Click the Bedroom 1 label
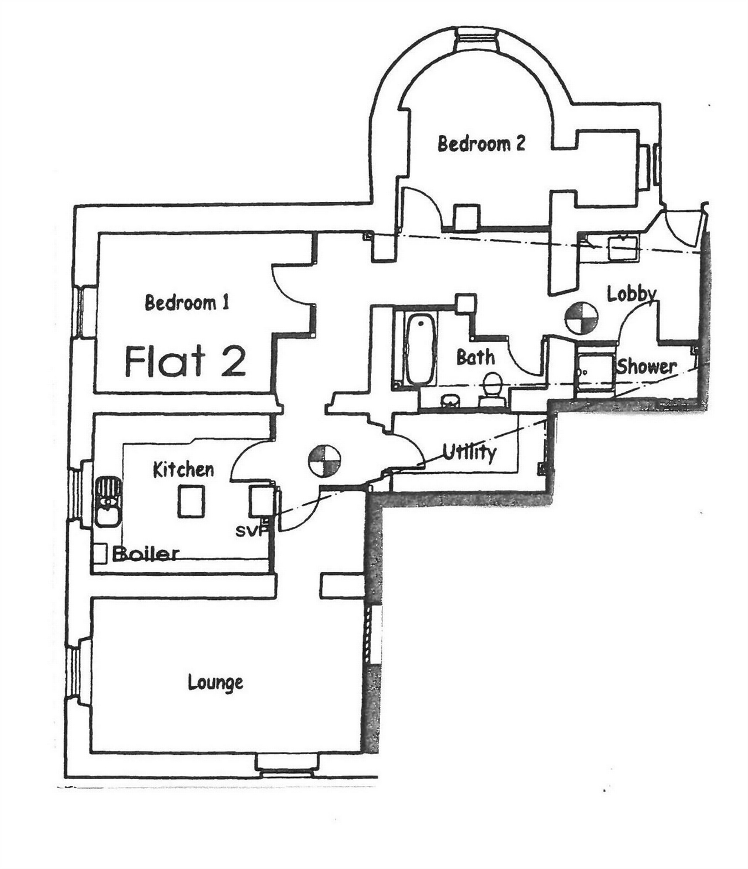tap(187, 303)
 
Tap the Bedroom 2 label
tap(481, 144)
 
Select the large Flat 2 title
tap(185, 361)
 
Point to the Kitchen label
tap(183, 470)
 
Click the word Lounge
tap(215, 682)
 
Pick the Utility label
tap(469, 453)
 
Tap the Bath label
tap(475, 358)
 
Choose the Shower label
tap(647, 367)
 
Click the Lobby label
tap(632, 293)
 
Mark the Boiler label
tap(146, 553)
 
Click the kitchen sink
tap(107, 501)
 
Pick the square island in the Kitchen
tap(191, 501)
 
